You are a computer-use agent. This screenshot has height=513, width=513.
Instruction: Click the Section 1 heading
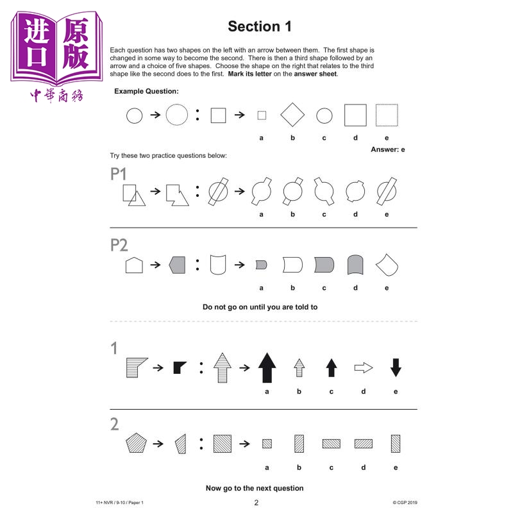click(x=260, y=26)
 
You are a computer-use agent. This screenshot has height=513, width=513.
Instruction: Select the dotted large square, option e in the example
click(x=387, y=115)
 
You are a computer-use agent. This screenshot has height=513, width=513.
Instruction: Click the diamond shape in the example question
click(x=292, y=115)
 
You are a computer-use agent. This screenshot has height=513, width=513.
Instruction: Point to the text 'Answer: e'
click(x=388, y=149)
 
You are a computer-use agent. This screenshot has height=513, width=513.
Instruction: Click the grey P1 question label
click(x=118, y=174)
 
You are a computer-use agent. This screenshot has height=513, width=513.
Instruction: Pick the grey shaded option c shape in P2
click(x=324, y=265)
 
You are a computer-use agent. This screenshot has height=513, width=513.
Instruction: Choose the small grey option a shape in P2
click(x=261, y=265)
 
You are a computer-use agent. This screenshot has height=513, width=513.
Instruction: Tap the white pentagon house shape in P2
click(x=134, y=265)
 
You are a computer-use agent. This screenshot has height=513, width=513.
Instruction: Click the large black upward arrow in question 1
click(x=267, y=367)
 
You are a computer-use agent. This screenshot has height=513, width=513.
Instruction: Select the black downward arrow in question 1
click(x=396, y=367)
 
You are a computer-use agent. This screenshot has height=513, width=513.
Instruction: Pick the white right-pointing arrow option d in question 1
click(x=364, y=367)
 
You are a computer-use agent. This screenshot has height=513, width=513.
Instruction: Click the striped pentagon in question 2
click(x=136, y=443)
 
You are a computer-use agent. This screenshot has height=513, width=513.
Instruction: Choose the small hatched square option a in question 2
click(x=267, y=444)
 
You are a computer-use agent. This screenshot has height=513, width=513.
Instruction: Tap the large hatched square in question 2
click(x=223, y=444)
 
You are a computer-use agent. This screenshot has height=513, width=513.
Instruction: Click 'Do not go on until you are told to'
click(x=260, y=307)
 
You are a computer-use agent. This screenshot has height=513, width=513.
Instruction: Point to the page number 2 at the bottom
click(x=256, y=503)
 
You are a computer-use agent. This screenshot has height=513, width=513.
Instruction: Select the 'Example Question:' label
click(x=146, y=91)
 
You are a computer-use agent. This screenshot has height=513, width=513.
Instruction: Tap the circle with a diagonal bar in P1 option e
click(x=387, y=191)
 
